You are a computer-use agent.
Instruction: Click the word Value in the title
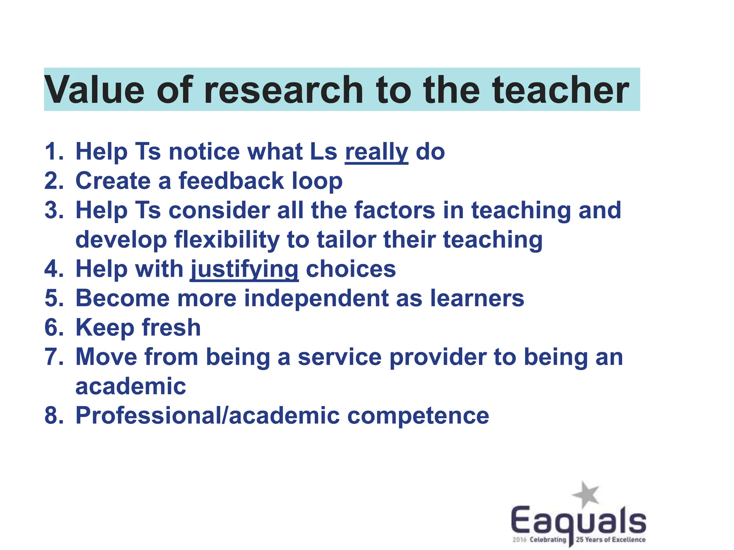pos(94,90)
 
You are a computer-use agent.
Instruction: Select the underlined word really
pos(376,152)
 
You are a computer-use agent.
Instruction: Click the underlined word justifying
pos(244,269)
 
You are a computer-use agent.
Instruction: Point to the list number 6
pos(52,328)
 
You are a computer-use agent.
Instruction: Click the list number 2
pos(52,181)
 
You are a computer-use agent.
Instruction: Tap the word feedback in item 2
pos(231,181)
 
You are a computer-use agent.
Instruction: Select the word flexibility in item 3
pos(227,240)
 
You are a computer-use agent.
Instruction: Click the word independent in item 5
pos(316,298)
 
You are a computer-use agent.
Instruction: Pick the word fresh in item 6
pos(171,328)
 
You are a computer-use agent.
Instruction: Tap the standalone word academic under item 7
pos(131,387)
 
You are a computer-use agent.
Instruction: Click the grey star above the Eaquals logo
pos(586,494)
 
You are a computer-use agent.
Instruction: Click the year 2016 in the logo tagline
pos(519,540)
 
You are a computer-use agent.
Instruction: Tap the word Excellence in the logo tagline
pos(628,540)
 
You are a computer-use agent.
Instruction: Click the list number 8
pos(52,416)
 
